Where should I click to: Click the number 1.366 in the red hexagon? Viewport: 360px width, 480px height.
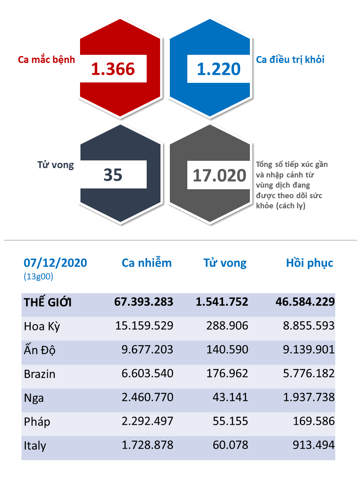(113, 69)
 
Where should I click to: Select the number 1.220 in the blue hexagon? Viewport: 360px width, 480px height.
(219, 69)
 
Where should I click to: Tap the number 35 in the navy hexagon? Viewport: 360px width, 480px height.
(113, 175)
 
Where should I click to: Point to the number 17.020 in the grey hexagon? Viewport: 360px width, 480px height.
(219, 175)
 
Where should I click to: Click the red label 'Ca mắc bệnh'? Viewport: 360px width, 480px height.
(47, 59)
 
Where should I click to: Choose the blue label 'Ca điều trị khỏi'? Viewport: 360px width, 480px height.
(290, 59)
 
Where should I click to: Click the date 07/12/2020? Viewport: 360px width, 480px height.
(55, 263)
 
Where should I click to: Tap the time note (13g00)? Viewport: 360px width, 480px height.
(39, 277)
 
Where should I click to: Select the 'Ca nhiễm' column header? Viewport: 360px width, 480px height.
(147, 263)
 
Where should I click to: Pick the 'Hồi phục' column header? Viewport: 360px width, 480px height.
(310, 263)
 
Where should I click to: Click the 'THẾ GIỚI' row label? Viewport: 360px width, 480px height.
(48, 302)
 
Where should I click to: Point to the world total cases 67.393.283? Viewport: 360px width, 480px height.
(144, 302)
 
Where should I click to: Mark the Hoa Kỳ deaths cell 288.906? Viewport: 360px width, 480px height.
(227, 326)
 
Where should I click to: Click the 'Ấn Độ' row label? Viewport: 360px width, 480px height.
(39, 350)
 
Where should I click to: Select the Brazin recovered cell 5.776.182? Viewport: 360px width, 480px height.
(308, 374)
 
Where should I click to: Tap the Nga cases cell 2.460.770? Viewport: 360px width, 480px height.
(147, 397)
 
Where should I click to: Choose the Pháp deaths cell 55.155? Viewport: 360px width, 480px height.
(230, 421)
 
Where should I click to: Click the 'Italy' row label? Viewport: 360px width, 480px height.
(35, 446)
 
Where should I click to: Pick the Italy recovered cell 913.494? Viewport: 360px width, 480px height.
(313, 445)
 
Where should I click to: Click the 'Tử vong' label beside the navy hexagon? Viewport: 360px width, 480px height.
(55, 165)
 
